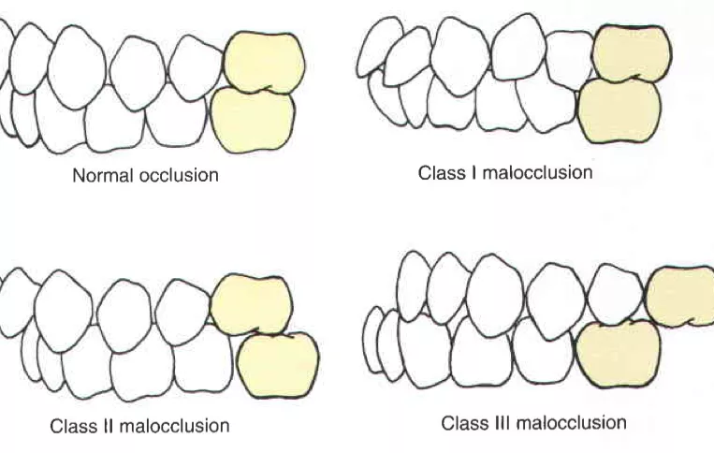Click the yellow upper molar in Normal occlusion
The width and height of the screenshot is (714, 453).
[264, 62]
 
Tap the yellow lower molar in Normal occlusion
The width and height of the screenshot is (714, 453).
[253, 120]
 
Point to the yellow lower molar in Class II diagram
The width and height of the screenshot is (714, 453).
[278, 365]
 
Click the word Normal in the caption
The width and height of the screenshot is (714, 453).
[101, 175]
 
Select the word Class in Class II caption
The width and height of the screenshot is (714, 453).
[72, 426]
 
